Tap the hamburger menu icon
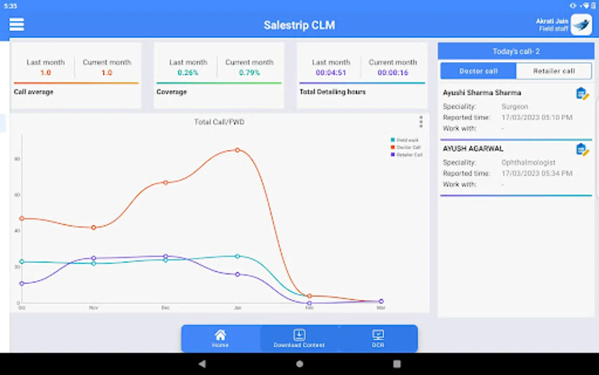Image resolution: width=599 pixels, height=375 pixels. (x=17, y=25)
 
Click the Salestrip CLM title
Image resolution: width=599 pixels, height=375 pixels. (x=299, y=25)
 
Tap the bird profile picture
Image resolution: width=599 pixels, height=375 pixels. (x=581, y=25)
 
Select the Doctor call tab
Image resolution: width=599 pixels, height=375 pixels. (x=478, y=71)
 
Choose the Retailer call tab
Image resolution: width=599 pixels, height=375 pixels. (x=554, y=71)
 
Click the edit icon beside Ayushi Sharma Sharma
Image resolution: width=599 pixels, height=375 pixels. (x=582, y=94)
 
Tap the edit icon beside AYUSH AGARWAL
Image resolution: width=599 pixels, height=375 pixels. (x=582, y=150)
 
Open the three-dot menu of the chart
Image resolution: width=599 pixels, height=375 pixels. (x=421, y=122)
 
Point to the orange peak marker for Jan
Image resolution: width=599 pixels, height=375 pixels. (x=238, y=150)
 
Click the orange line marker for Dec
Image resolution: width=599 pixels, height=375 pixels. (x=166, y=182)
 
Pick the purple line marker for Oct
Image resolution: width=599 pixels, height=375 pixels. (x=22, y=284)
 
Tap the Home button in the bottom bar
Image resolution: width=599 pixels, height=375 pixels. (x=220, y=338)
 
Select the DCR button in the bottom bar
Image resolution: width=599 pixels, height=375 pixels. (x=378, y=338)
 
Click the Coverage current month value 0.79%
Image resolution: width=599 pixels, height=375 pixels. (x=249, y=73)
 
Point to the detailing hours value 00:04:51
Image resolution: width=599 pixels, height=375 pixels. (x=331, y=73)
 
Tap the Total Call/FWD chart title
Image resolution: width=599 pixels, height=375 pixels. (x=219, y=122)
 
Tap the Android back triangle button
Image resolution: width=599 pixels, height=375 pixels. (x=202, y=364)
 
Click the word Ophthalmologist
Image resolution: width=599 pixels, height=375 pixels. (x=528, y=162)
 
